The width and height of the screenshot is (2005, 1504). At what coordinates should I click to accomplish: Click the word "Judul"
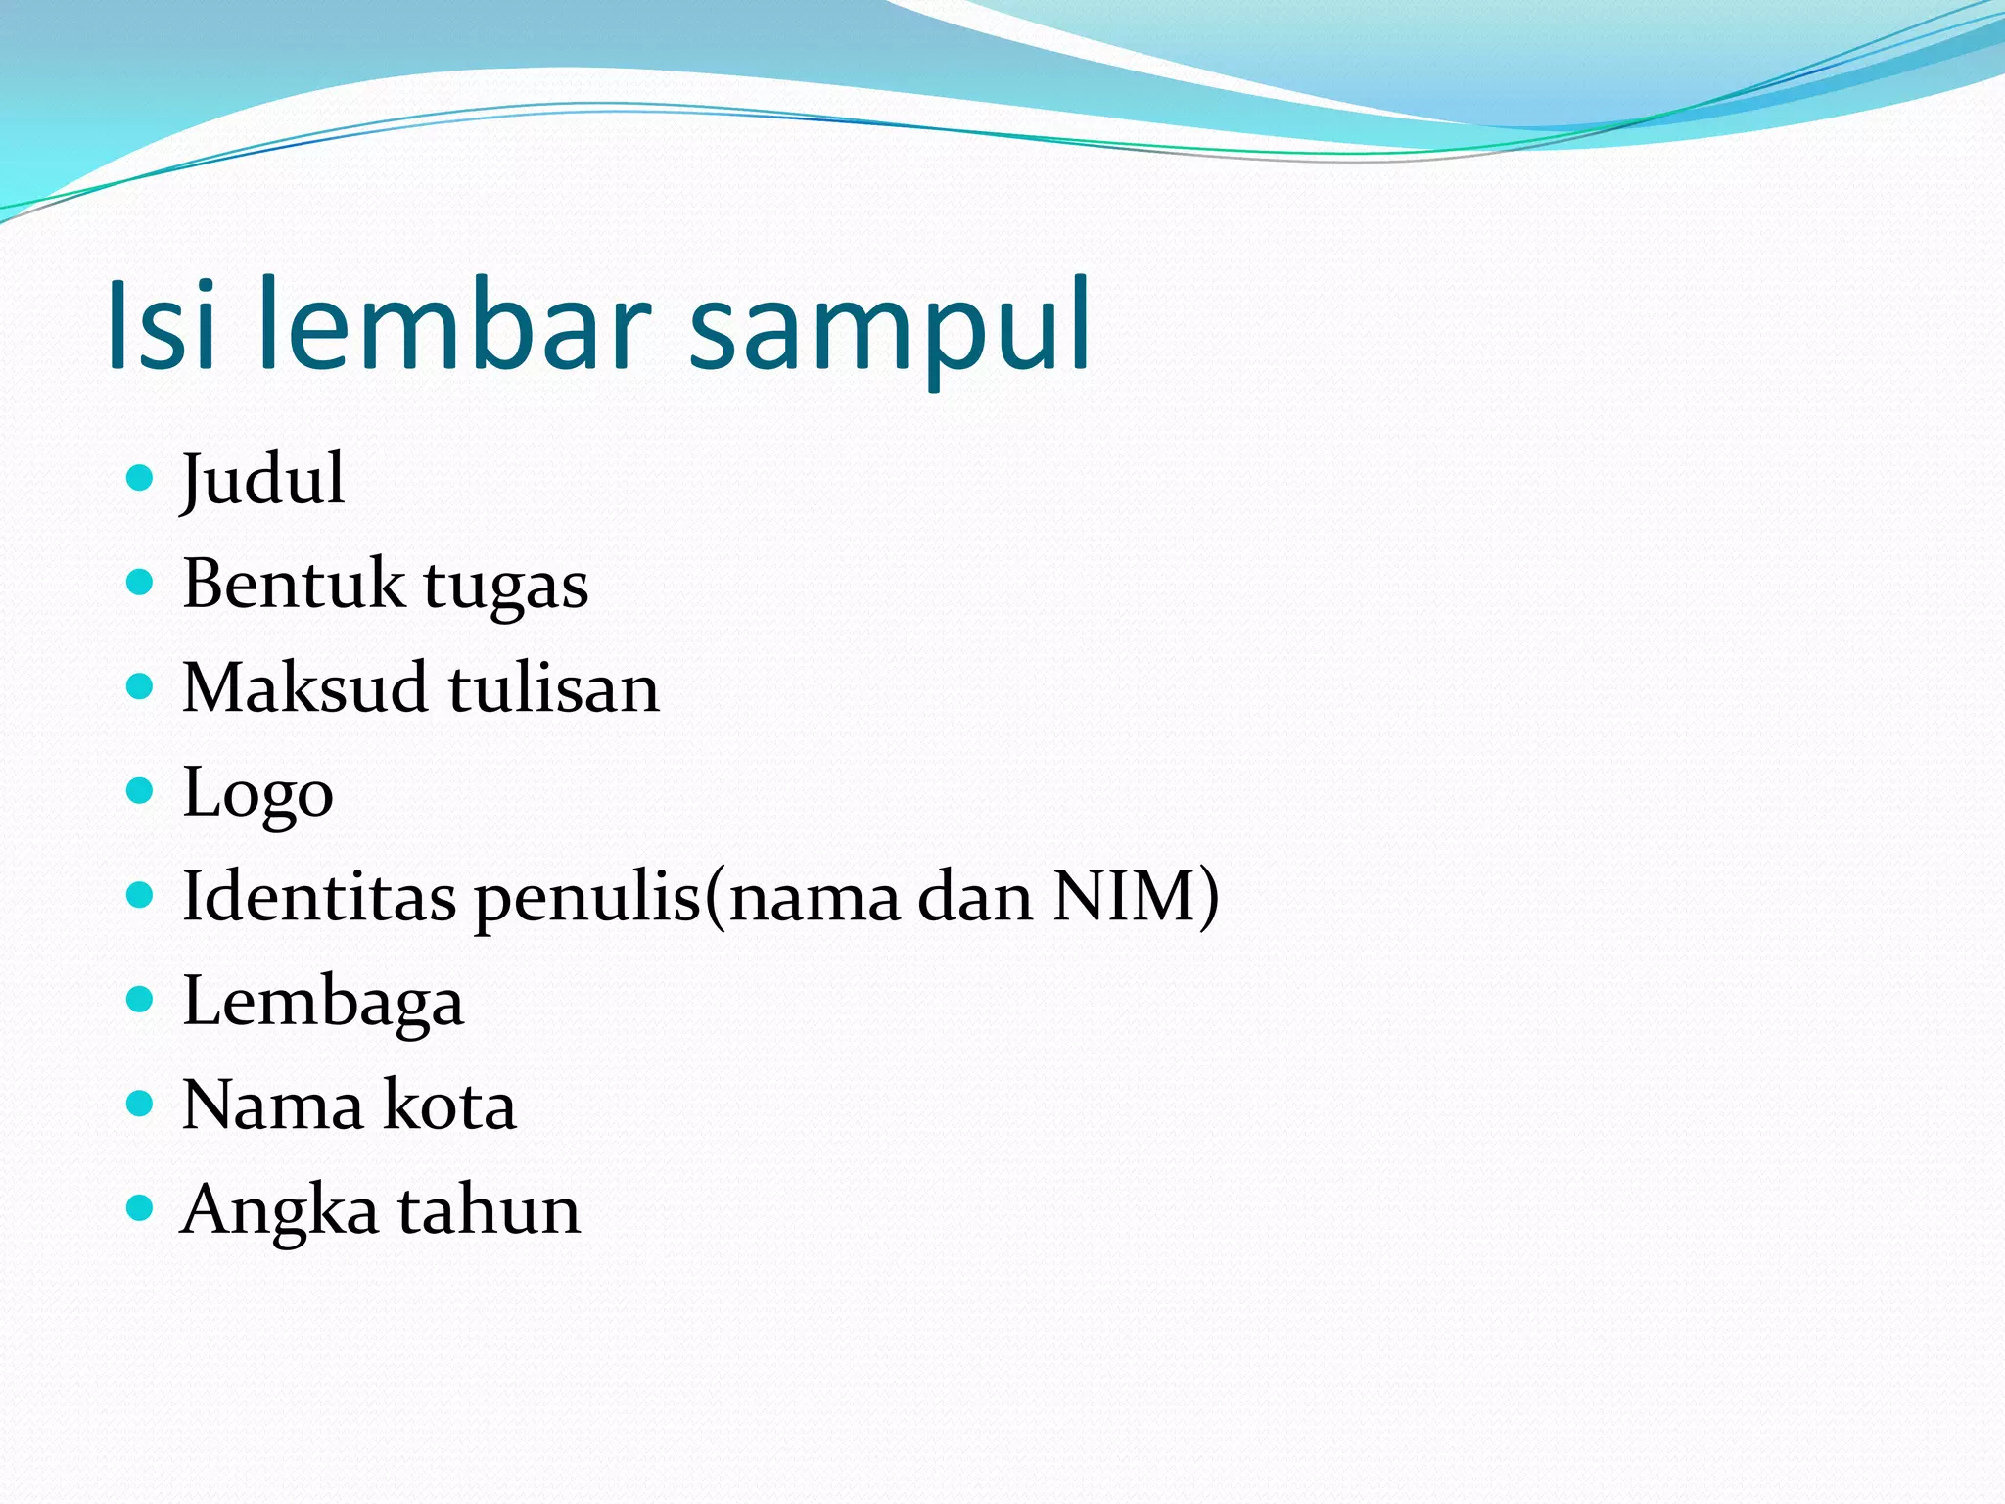[262, 480]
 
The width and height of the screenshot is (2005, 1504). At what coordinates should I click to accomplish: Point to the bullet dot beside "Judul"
[141, 478]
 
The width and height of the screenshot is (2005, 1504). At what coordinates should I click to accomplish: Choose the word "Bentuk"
[293, 584]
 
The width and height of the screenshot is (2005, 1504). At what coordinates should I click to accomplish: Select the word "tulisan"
[554, 687]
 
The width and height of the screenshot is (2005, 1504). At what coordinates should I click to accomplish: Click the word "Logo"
[257, 794]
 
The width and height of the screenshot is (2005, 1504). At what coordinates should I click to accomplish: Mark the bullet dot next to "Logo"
[141, 790]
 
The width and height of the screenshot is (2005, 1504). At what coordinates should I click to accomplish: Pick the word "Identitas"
[319, 896]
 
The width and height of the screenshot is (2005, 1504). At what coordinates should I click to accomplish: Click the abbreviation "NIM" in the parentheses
[1125, 896]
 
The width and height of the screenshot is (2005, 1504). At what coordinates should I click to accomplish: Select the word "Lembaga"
[323, 1003]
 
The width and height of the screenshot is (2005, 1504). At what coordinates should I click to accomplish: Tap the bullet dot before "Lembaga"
[141, 999]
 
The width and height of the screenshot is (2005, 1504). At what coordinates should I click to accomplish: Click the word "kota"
[449, 1105]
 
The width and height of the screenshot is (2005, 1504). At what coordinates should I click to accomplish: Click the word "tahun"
[489, 1210]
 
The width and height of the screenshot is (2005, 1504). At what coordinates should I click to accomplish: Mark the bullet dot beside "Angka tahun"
[141, 1208]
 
